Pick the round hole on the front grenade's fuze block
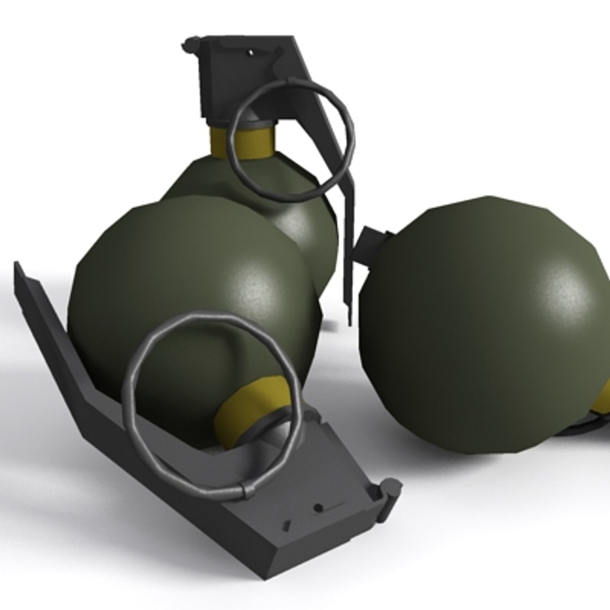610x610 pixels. click(318, 508)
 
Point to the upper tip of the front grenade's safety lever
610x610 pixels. click(18, 265)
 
